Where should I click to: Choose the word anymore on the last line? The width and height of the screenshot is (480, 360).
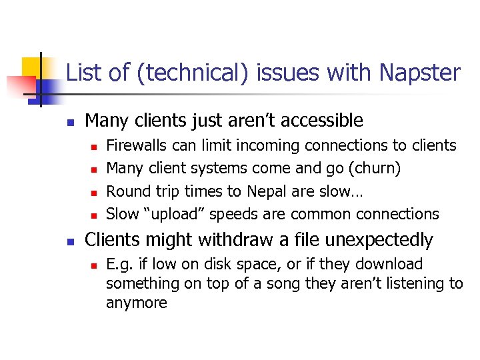(136, 303)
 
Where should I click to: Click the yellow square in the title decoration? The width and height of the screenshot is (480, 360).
(31, 67)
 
